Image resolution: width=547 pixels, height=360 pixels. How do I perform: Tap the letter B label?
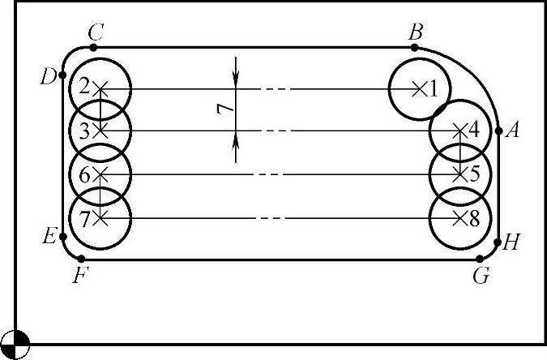pyautogui.click(x=417, y=32)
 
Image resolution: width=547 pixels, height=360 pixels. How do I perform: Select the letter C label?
pyautogui.click(x=96, y=32)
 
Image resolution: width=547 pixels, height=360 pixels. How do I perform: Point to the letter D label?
pyautogui.click(x=48, y=77)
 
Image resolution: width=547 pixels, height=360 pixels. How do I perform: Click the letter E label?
pyautogui.click(x=49, y=237)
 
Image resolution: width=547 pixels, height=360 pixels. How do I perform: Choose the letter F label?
pyautogui.click(x=79, y=275)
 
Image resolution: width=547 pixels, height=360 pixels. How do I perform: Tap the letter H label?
pyautogui.click(x=511, y=242)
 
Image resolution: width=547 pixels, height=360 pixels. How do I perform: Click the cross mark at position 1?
pyautogui.click(x=419, y=88)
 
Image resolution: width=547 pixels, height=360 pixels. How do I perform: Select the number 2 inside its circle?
pyautogui.click(x=84, y=87)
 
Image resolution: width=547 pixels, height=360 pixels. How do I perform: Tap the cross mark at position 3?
pyautogui.click(x=100, y=130)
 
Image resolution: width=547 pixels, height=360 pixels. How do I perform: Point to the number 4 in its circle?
pyautogui.click(x=474, y=129)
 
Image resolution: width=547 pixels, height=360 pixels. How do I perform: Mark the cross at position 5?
pyautogui.click(x=459, y=174)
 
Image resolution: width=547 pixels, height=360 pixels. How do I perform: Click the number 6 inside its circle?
pyautogui.click(x=84, y=174)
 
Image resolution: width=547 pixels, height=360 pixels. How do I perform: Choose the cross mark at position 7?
pyautogui.click(x=100, y=217)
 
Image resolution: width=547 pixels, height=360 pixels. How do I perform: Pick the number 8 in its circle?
pyautogui.click(x=474, y=217)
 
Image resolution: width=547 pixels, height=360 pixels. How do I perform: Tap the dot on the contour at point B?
pyautogui.click(x=415, y=48)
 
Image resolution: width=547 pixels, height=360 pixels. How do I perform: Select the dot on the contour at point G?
pyautogui.click(x=479, y=259)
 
